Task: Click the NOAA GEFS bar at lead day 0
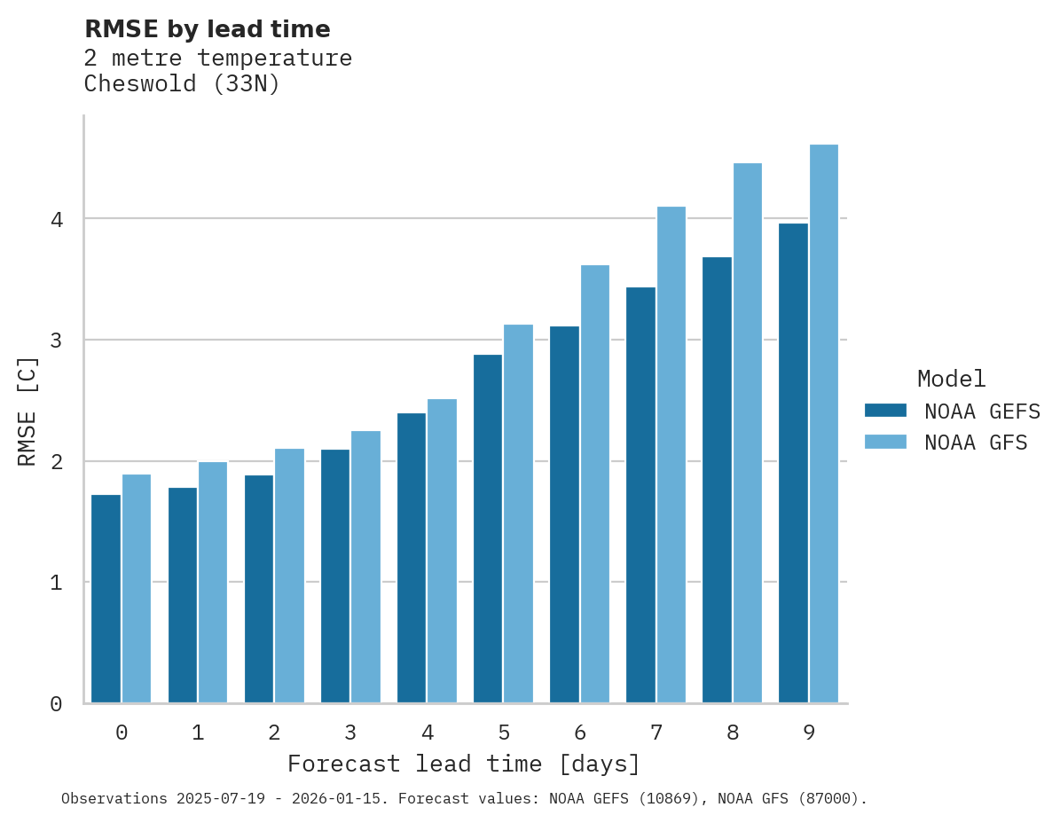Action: (x=106, y=599)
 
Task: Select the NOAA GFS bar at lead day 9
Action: (x=824, y=424)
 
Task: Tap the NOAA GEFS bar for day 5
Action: (x=488, y=529)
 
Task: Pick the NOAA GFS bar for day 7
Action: (x=671, y=455)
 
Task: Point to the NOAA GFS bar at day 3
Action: (x=365, y=567)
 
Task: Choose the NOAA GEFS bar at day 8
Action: (x=717, y=480)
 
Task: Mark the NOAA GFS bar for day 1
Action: (x=213, y=582)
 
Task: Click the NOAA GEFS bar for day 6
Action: (x=564, y=514)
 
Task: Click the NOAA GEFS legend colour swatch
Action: (x=885, y=411)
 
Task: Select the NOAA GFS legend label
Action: (x=976, y=443)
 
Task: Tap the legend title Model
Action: (x=951, y=380)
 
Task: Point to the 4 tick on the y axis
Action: (x=56, y=219)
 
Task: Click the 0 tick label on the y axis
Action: (x=56, y=704)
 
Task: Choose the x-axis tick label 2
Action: (x=274, y=733)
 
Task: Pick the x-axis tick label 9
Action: (x=809, y=733)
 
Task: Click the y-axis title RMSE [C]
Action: (x=28, y=411)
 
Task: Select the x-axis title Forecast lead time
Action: (x=463, y=764)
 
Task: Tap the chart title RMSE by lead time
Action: (x=207, y=29)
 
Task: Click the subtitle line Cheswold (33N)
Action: (x=182, y=84)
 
